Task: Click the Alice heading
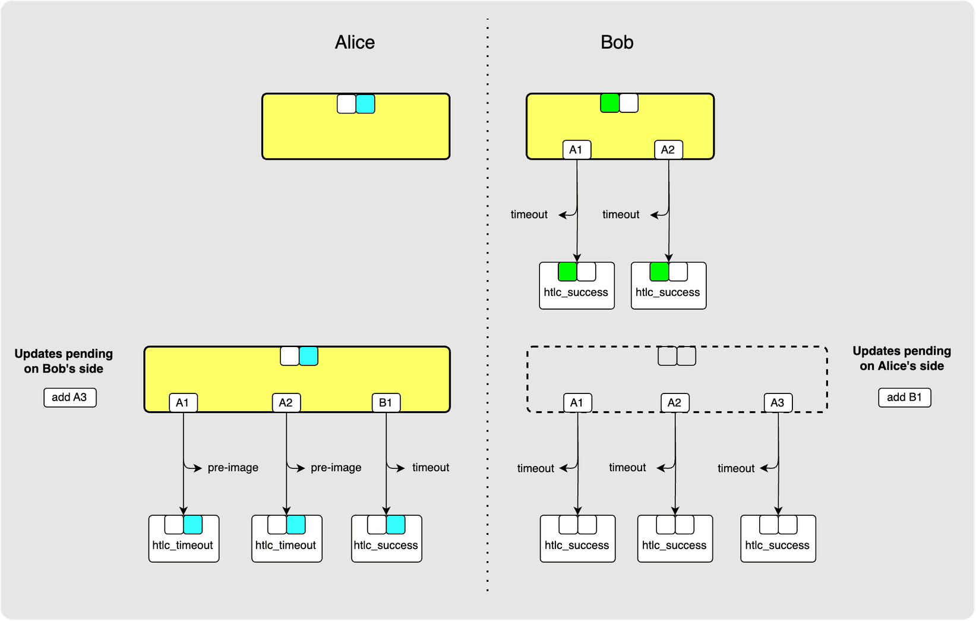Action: coord(355,42)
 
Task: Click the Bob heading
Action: coord(617,42)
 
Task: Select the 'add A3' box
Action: coord(70,397)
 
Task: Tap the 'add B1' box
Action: coord(904,397)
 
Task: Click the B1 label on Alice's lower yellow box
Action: coord(386,402)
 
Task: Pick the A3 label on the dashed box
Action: coord(777,402)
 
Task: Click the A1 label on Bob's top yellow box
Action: coord(576,149)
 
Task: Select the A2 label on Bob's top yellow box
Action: coord(668,149)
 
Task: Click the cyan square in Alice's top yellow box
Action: coord(365,104)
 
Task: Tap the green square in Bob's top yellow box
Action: coord(610,103)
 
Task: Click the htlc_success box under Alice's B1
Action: coord(386,538)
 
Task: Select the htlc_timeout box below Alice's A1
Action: coord(184,538)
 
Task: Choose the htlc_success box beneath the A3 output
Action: coord(778,538)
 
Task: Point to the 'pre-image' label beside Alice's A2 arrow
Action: coord(336,468)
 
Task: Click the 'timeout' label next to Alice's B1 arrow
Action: coord(431,468)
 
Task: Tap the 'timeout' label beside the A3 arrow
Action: coord(735,468)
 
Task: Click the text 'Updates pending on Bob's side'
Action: coord(64,361)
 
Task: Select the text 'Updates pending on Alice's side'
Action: coord(902,358)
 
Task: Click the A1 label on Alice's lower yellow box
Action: coord(182,402)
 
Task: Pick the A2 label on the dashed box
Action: coord(674,402)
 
